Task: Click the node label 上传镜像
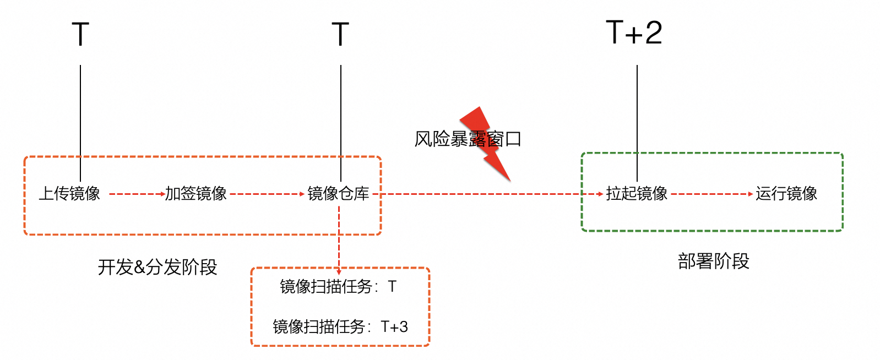(x=69, y=194)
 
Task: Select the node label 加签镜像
(x=196, y=194)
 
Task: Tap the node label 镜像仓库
(x=338, y=194)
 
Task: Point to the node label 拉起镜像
(x=637, y=194)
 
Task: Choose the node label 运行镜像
(x=786, y=194)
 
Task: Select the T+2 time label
(x=634, y=33)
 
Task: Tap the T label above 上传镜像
(x=80, y=35)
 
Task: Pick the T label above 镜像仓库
(x=340, y=35)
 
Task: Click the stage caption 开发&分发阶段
(x=157, y=267)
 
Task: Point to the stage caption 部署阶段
(x=713, y=261)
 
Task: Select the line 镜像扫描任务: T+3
(x=340, y=327)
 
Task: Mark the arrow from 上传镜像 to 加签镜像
(x=137, y=194)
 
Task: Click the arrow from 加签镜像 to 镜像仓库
(x=267, y=194)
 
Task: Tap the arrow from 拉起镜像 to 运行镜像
(x=711, y=194)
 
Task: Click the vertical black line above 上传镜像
(x=80, y=110)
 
